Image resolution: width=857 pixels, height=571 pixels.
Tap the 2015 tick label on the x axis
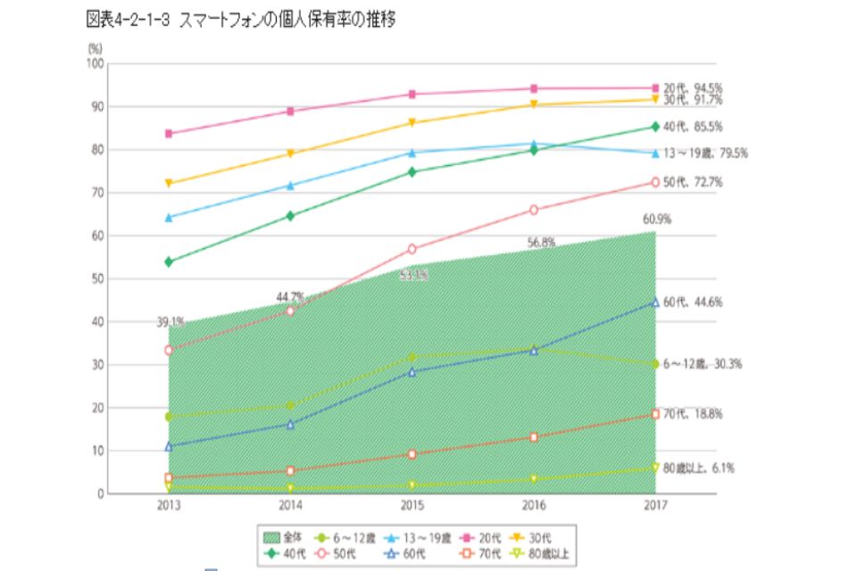(412, 507)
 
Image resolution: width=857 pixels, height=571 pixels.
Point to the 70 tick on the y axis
(96, 193)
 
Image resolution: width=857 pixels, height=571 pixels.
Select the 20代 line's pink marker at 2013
(169, 134)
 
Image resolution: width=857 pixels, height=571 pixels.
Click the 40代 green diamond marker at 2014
(290, 216)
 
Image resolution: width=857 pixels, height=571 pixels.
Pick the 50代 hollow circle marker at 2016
(534, 210)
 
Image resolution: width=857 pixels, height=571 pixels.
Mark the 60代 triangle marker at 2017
(655, 302)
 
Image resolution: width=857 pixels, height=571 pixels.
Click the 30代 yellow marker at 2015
(412, 122)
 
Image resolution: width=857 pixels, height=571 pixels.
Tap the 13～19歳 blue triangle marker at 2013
(169, 217)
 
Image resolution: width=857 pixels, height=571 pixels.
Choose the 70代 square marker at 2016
(534, 437)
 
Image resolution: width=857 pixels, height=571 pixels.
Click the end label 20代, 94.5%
(693, 88)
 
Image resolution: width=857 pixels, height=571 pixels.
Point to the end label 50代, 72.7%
(693, 182)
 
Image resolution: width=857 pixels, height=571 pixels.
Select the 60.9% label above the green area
(657, 219)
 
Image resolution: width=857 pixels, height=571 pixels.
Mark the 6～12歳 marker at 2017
(655, 364)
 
